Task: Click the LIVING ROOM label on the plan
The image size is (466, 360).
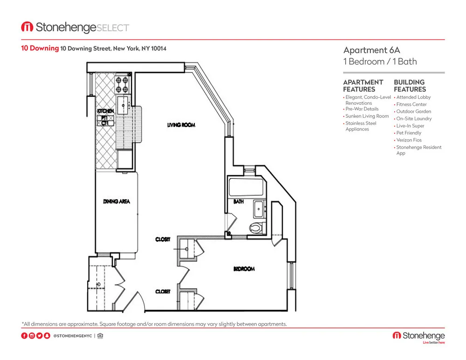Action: [x=181, y=125]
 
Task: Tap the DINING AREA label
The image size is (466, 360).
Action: [x=116, y=202]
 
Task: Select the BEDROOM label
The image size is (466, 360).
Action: [x=244, y=269]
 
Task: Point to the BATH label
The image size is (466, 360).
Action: [x=239, y=202]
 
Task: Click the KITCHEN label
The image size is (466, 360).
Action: [x=105, y=112]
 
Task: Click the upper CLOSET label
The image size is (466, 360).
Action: [x=163, y=239]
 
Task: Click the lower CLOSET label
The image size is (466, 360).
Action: [x=163, y=292]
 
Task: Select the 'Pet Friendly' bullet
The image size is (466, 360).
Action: [x=409, y=133]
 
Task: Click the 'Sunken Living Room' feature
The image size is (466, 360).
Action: [x=367, y=116]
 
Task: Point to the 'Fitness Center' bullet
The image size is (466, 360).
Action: [x=411, y=104]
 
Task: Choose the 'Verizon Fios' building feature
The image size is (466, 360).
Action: [x=409, y=140]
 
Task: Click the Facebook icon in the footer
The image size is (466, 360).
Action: [x=24, y=336]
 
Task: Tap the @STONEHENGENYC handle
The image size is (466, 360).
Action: [x=72, y=336]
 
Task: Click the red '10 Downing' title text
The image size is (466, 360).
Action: [x=40, y=48]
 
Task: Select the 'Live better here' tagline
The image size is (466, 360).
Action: [x=433, y=342]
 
